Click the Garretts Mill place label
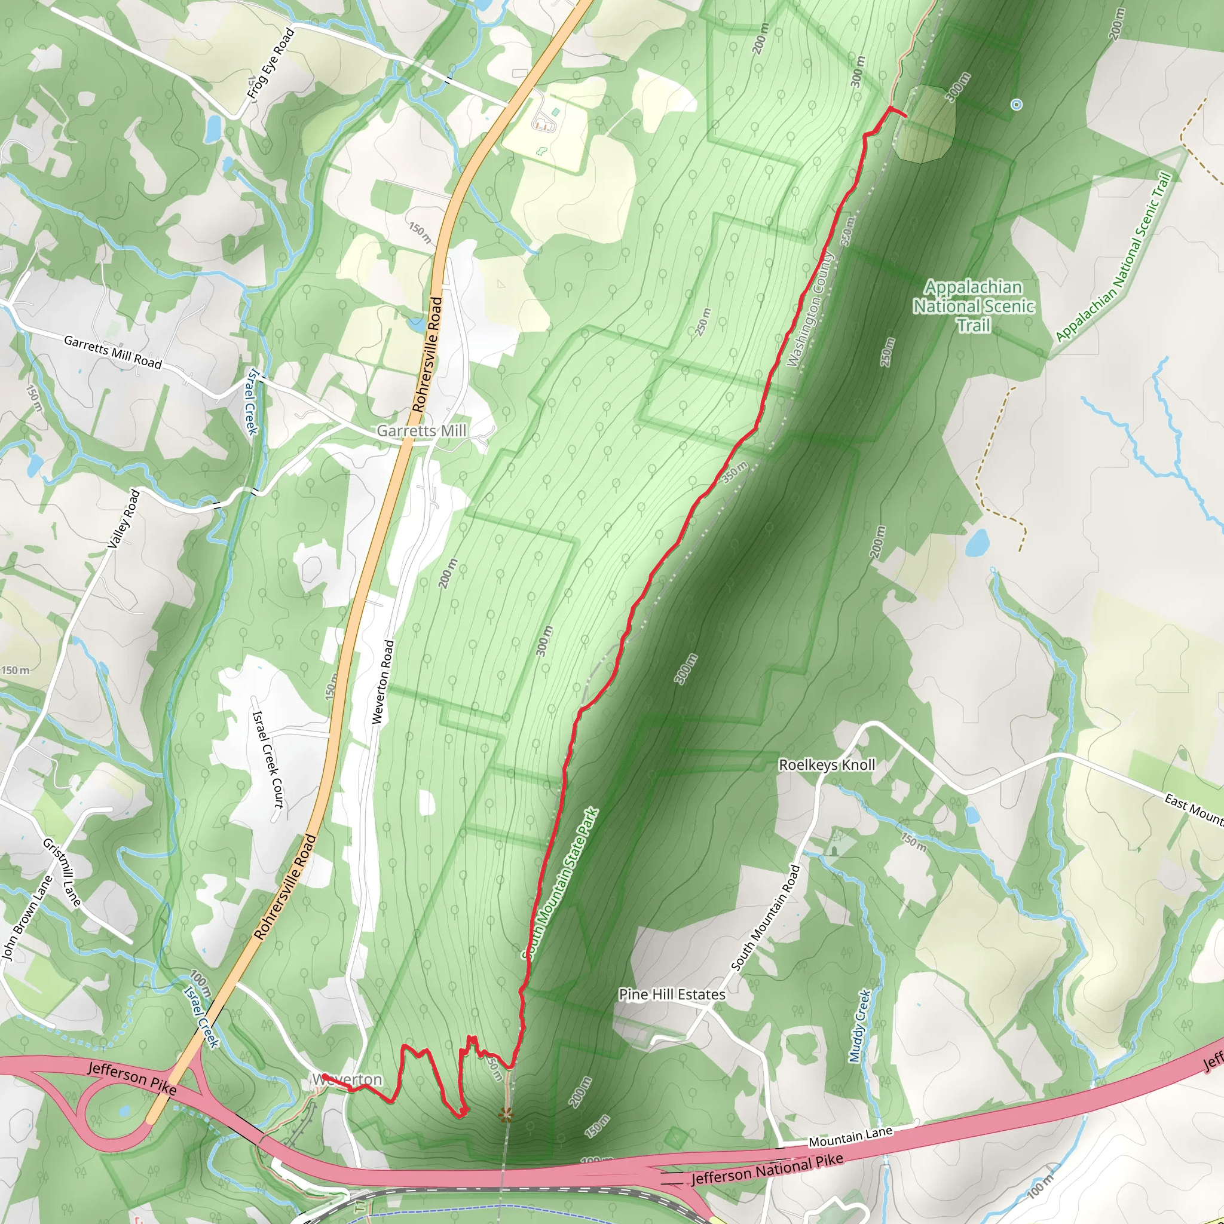(421, 431)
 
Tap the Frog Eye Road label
(271, 63)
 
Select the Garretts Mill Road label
(113, 352)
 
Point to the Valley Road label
(124, 519)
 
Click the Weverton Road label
(383, 683)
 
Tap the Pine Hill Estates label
(672, 994)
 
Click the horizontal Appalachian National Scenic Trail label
(973, 306)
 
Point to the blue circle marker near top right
(1016, 105)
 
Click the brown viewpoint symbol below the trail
(506, 1115)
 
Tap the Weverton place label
(347, 1079)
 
